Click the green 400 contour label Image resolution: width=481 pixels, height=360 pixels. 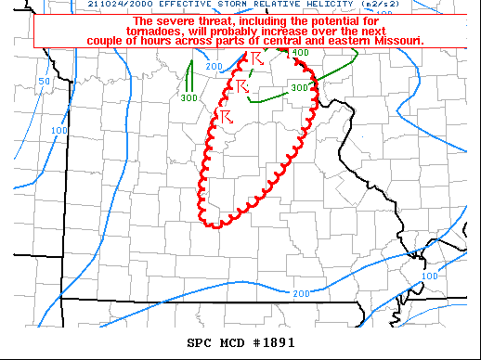click(x=301, y=53)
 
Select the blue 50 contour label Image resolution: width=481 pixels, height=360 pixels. click(x=44, y=83)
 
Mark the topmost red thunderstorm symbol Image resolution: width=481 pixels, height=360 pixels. click(x=257, y=59)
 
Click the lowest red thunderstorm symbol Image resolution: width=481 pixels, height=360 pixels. click(x=226, y=115)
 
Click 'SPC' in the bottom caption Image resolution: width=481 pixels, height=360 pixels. click(x=201, y=341)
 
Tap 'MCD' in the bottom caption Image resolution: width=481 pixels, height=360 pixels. click(x=232, y=341)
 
